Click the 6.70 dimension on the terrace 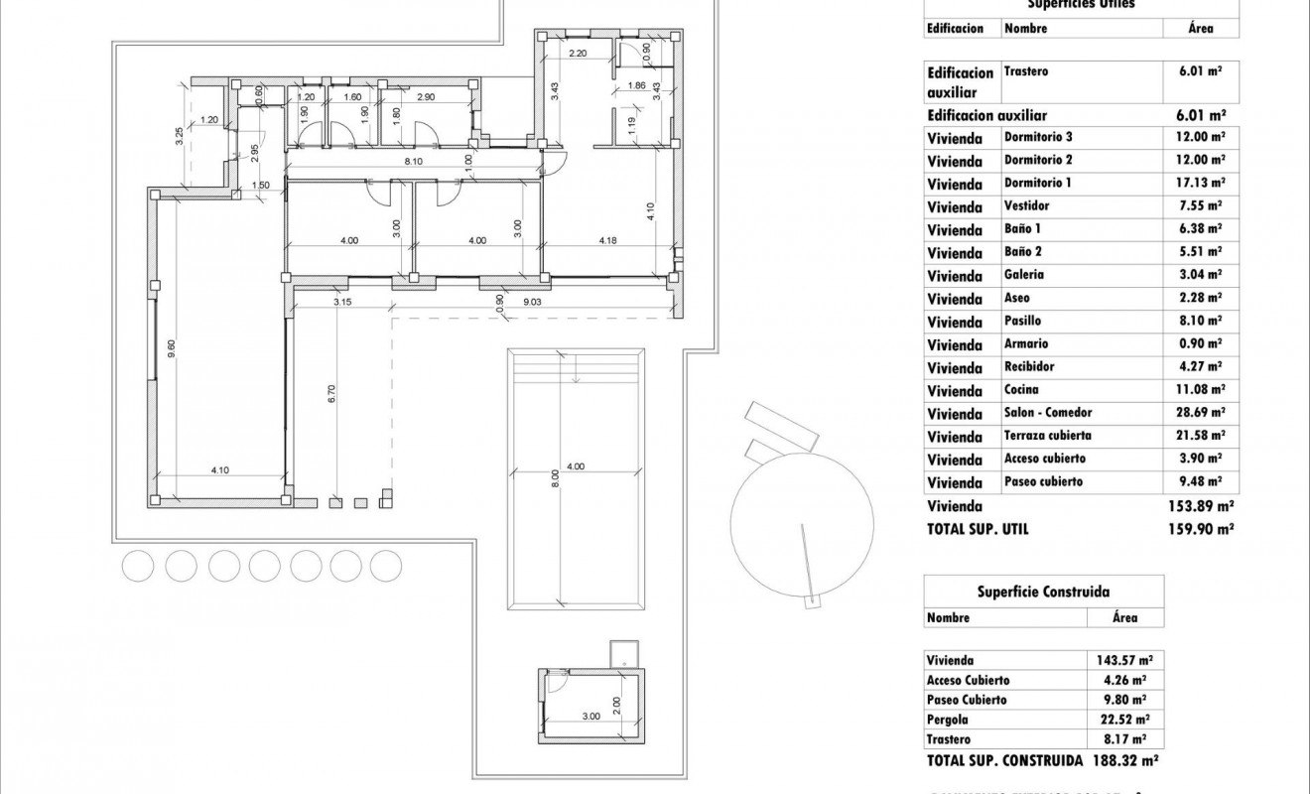[x=332, y=394]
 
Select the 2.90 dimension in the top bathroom [x=427, y=97]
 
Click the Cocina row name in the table [x=1021, y=390]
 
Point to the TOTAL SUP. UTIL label [x=978, y=530]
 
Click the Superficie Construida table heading [x=1044, y=592]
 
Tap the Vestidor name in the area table [x=1026, y=206]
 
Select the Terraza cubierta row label [x=1048, y=437]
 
